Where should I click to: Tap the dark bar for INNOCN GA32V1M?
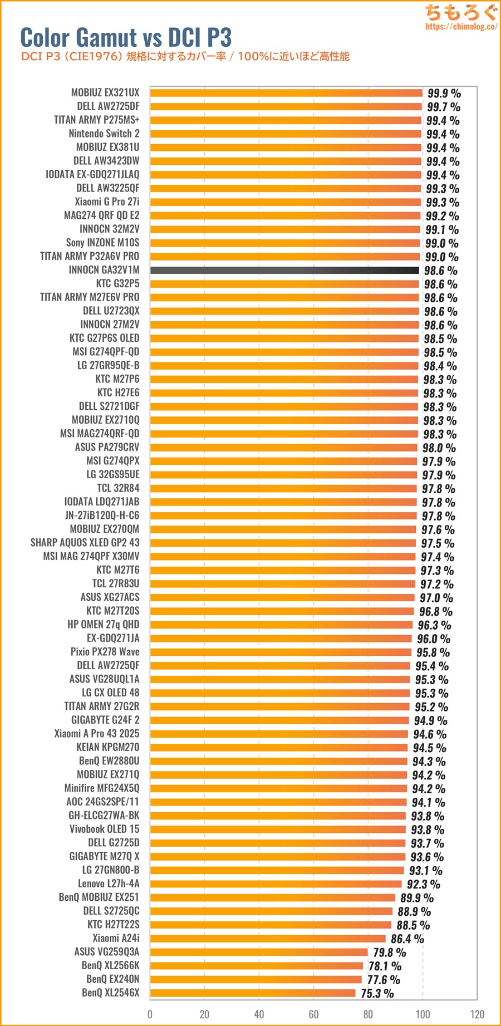[x=284, y=270]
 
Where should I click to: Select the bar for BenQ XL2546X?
[x=253, y=993]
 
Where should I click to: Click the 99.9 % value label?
[x=444, y=93]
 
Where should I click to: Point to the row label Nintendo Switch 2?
[x=104, y=134]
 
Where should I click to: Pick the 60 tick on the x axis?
[x=314, y=1014]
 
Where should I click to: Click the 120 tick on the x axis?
[x=477, y=1014]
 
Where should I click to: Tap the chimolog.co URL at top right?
[x=461, y=26]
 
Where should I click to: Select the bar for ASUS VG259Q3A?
[x=259, y=952]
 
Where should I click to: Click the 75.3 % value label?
[x=377, y=993]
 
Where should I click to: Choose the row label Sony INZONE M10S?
[x=102, y=243]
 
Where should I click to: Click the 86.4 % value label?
[x=407, y=939]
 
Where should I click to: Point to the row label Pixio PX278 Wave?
[x=105, y=652]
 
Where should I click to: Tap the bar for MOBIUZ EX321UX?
[x=287, y=93]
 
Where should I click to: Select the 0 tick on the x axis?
[x=150, y=1014]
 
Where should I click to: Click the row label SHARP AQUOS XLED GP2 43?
[x=85, y=543]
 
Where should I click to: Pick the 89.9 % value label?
[x=416, y=897]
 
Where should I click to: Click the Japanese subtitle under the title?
[x=185, y=56]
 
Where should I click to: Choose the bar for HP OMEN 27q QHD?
[x=282, y=625]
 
